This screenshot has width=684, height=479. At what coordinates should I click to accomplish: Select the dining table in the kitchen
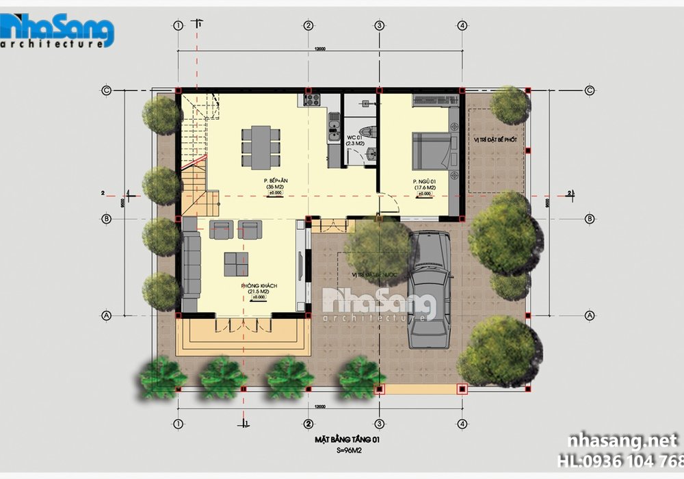(x=261, y=146)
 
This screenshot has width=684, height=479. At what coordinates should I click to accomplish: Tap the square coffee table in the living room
(x=237, y=262)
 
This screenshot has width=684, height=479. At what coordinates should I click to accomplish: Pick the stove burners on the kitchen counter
(x=312, y=99)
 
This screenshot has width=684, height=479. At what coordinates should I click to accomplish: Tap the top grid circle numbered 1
(x=179, y=26)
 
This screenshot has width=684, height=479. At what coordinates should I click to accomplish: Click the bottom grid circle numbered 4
(x=463, y=422)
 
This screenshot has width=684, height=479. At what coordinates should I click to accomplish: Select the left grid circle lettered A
(x=106, y=315)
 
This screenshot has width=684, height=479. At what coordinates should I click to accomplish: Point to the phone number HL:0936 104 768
(x=620, y=460)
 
